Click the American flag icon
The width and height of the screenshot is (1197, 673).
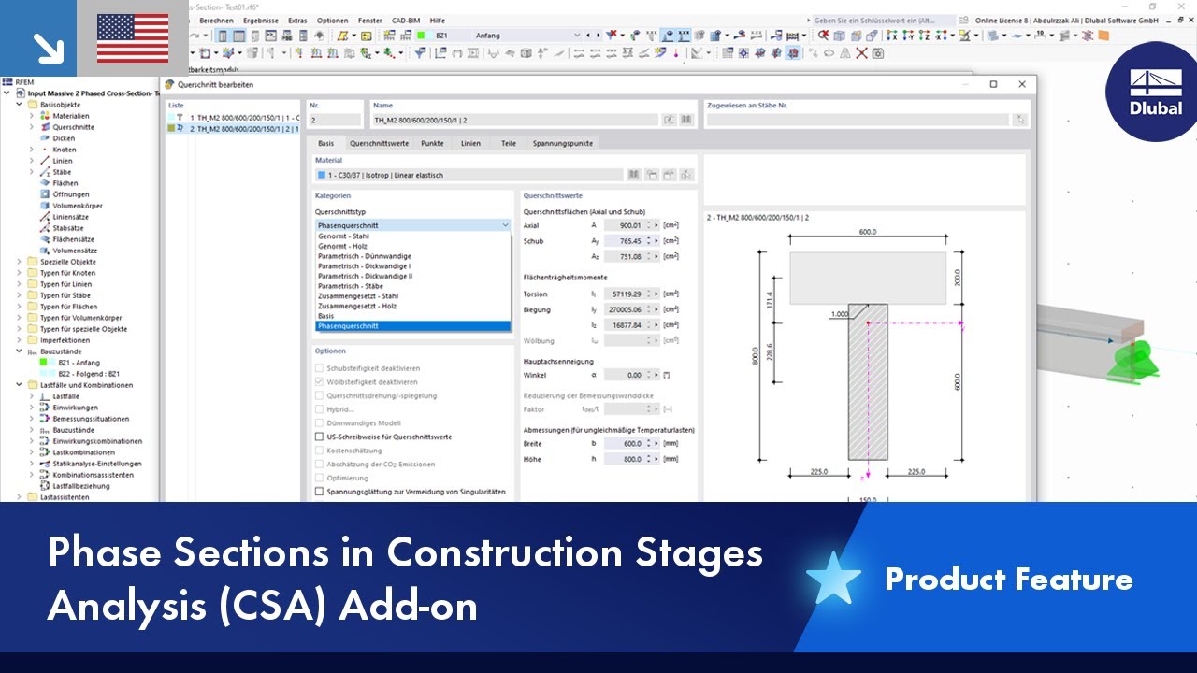133,38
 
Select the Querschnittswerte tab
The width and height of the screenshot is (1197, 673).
379,143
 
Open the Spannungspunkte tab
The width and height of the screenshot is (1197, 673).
562,143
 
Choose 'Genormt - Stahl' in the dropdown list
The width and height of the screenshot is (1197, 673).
343,236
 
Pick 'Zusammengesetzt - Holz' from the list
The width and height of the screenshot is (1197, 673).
357,306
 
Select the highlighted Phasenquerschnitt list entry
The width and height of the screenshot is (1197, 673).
348,326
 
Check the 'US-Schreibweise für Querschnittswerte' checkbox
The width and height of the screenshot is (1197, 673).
320,437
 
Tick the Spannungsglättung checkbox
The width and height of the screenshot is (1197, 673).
320,492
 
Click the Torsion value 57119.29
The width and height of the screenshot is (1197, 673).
626,294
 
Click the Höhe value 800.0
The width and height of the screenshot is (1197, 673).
626,459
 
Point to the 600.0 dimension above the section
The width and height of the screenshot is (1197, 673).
868,233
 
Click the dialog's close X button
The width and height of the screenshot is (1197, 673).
1022,84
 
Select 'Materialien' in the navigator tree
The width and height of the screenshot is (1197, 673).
71,116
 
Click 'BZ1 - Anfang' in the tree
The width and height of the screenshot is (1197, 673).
79,363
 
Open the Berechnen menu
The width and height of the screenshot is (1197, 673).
216,21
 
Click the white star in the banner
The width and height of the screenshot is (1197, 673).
833,580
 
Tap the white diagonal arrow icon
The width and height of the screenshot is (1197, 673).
45,46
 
